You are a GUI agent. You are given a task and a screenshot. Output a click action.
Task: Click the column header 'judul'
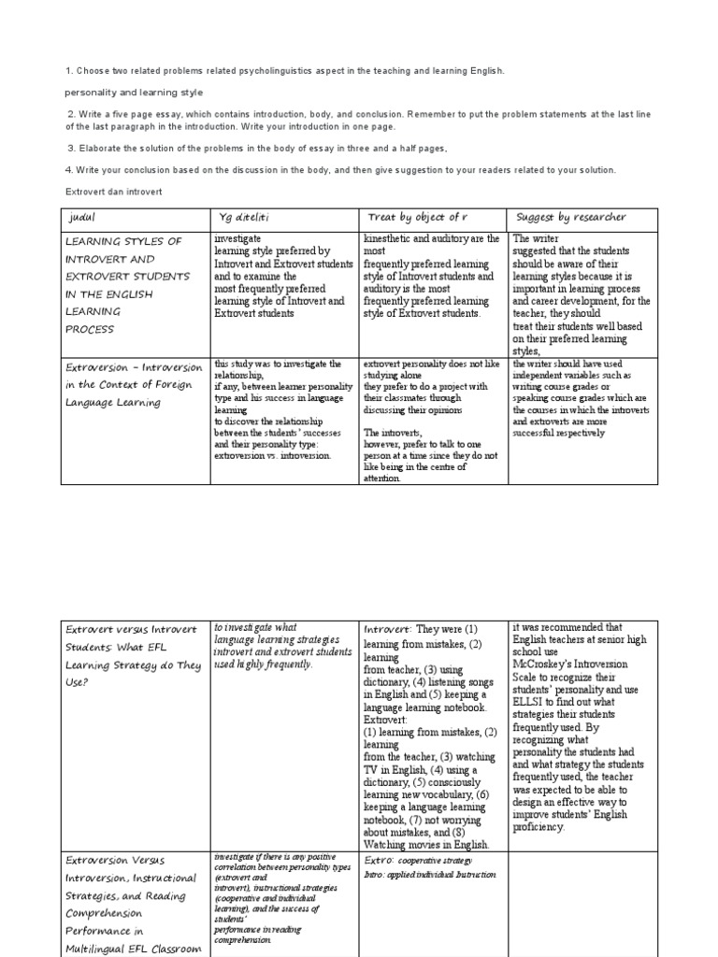click(83, 218)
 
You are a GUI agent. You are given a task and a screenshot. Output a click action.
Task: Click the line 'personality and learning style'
click(134, 93)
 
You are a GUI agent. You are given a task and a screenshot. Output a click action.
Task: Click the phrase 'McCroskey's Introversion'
click(570, 664)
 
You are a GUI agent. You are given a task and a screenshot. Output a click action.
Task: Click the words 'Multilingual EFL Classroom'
click(134, 949)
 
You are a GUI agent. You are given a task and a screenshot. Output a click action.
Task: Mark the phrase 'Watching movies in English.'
click(425, 845)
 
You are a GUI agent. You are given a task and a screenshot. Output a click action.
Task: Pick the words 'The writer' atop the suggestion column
click(536, 239)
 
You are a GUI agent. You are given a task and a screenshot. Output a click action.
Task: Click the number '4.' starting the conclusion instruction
click(69, 169)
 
